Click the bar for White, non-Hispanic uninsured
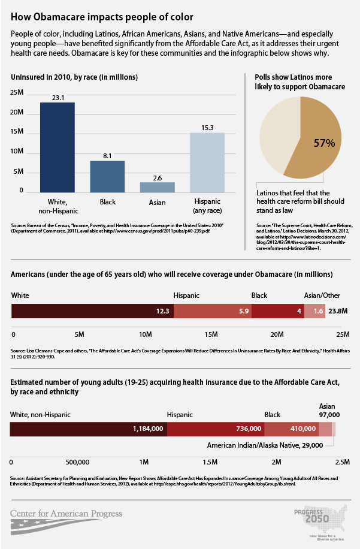point(58,147)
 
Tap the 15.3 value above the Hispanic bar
point(207,127)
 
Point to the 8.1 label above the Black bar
point(107,155)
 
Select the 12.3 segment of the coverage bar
point(93,310)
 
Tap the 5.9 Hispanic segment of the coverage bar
point(213,310)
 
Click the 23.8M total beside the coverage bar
point(338,310)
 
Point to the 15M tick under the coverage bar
point(211,333)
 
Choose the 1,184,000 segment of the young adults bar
point(89,429)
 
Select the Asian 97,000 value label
point(329,414)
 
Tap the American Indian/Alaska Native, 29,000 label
point(265,445)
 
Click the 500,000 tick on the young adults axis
point(77,462)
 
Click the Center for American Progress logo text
point(66,513)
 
